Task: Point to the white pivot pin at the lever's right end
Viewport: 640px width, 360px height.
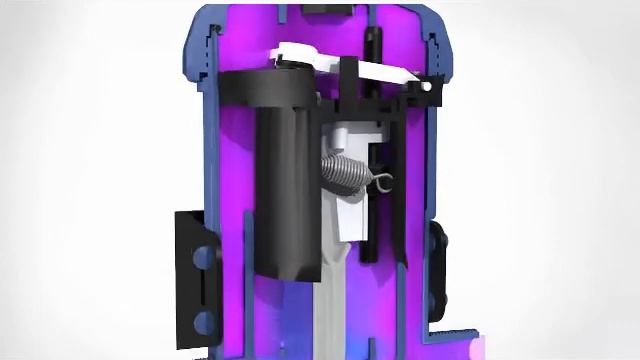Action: pyautogui.click(x=428, y=89)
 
